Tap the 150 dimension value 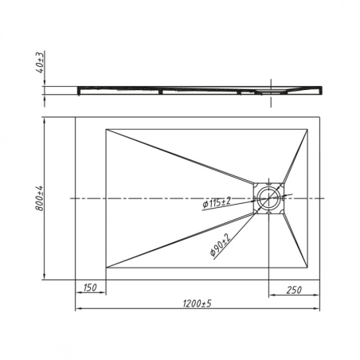[90, 288]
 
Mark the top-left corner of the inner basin [106, 127]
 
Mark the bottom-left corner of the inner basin [106, 268]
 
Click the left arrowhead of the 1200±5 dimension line [77, 310]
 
